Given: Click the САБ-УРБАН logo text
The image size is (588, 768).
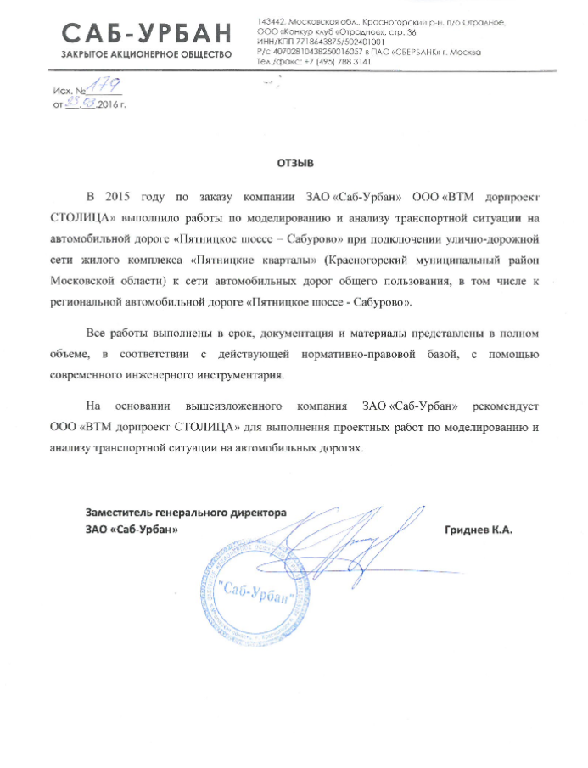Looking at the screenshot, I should (x=146, y=33).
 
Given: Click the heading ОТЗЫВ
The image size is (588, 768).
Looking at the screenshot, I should (x=294, y=160).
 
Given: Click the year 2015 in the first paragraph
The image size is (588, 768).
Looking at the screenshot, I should (x=121, y=194).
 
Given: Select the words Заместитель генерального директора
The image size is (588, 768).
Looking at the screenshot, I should (x=186, y=513).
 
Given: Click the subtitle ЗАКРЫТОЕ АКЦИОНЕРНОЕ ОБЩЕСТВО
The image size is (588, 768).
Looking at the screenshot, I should (x=146, y=54).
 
